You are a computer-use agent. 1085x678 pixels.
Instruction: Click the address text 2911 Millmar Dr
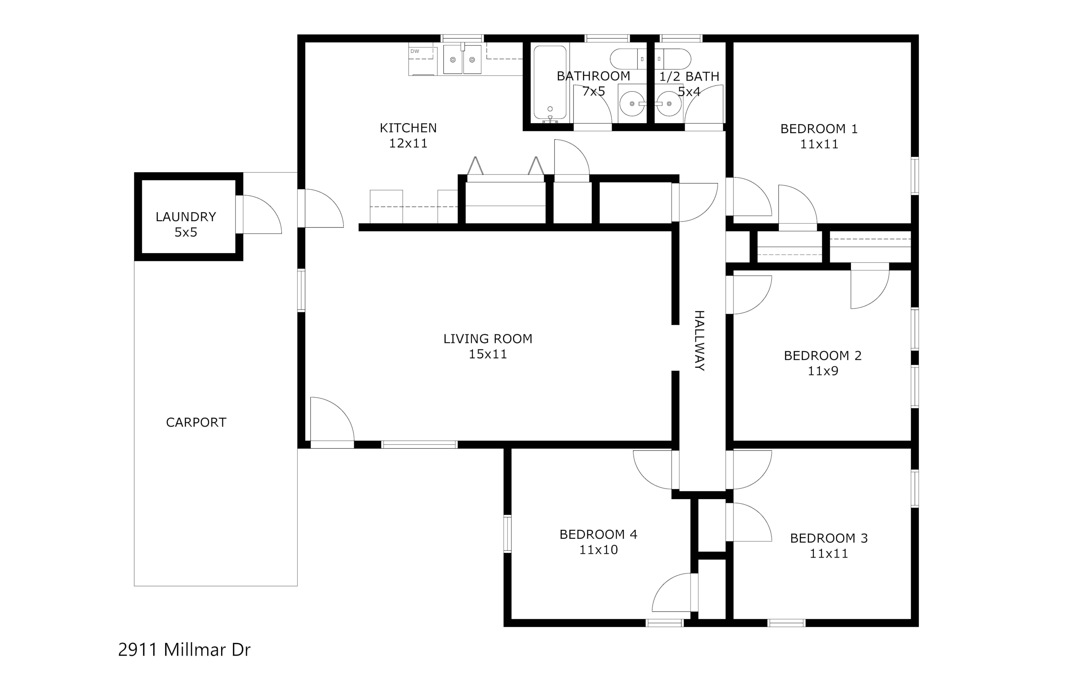pyautogui.click(x=184, y=649)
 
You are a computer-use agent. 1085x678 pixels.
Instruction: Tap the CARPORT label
pyautogui.click(x=196, y=422)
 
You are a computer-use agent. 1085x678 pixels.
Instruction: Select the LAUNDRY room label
pyautogui.click(x=186, y=217)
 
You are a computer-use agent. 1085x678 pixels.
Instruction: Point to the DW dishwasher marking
pyautogui.click(x=415, y=51)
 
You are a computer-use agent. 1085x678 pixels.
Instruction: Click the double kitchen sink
pyautogui.click(x=462, y=59)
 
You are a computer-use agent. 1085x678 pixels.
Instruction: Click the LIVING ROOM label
pyautogui.click(x=488, y=339)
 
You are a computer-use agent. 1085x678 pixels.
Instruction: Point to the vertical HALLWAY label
pyautogui.click(x=700, y=341)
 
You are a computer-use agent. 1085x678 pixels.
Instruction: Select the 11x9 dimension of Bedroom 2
pyautogui.click(x=823, y=371)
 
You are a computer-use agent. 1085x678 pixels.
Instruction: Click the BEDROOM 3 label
pyautogui.click(x=829, y=538)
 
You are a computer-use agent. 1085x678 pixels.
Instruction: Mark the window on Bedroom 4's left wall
pyautogui.click(x=507, y=534)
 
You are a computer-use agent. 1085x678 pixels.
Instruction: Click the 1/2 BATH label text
pyautogui.click(x=689, y=77)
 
